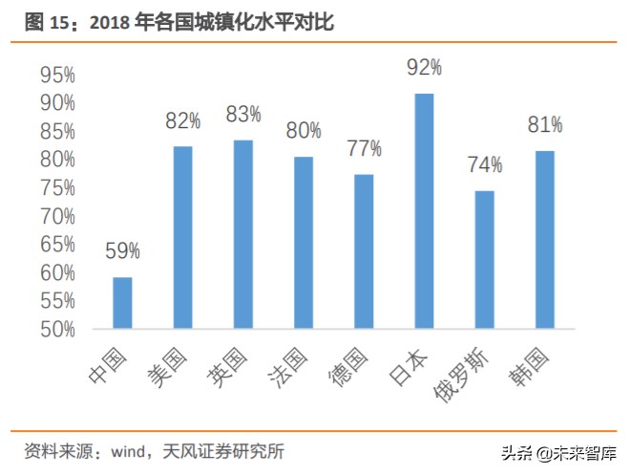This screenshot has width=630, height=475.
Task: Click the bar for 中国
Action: coord(122,303)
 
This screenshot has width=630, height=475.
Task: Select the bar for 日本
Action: coord(424,211)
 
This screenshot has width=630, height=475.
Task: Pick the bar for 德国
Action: coord(364,251)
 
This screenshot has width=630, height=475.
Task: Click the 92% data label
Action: coord(424,67)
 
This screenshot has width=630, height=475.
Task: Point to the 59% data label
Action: coord(122,251)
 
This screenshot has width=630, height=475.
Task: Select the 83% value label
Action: coord(243,115)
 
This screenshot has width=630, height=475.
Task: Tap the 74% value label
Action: coord(485,165)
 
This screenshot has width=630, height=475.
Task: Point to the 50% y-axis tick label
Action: coord(58,330)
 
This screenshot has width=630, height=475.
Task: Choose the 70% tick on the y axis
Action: coord(58,216)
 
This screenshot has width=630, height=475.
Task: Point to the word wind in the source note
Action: coord(128,450)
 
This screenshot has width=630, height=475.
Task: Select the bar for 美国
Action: coord(183,237)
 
